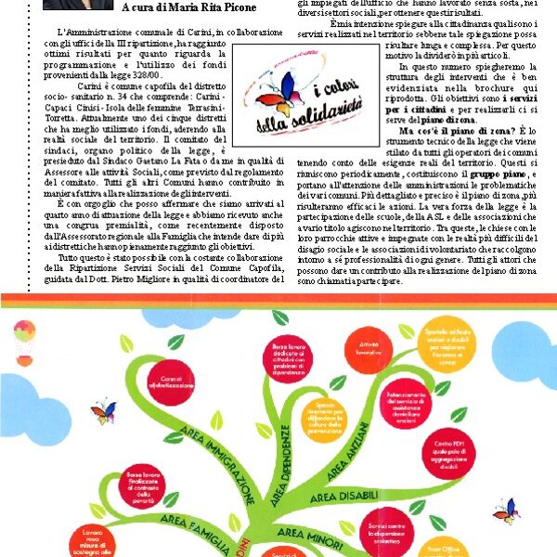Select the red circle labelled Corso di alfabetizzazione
point(171,380)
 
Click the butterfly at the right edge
point(506,510)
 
